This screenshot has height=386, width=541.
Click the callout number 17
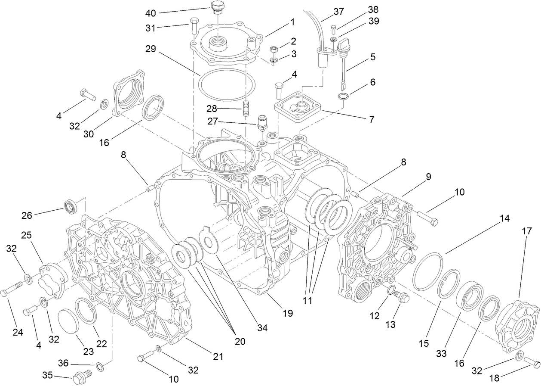526,231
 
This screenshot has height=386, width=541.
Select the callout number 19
288,313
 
